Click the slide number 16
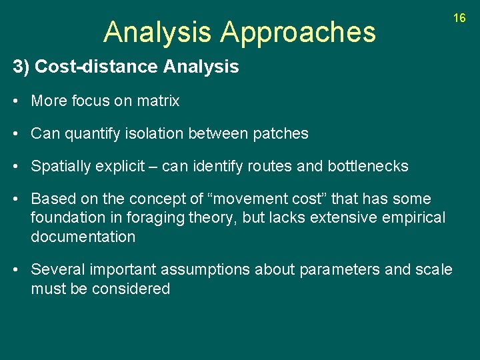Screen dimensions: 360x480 (459, 18)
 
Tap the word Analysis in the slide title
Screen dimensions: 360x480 (158, 32)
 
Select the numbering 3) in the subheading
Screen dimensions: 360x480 (21, 67)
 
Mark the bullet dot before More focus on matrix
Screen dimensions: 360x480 (16, 101)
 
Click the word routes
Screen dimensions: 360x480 (270, 166)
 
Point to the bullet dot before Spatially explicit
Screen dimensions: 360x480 (16, 166)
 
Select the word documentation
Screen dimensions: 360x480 (83, 237)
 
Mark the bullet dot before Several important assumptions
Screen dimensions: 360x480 (16, 269)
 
